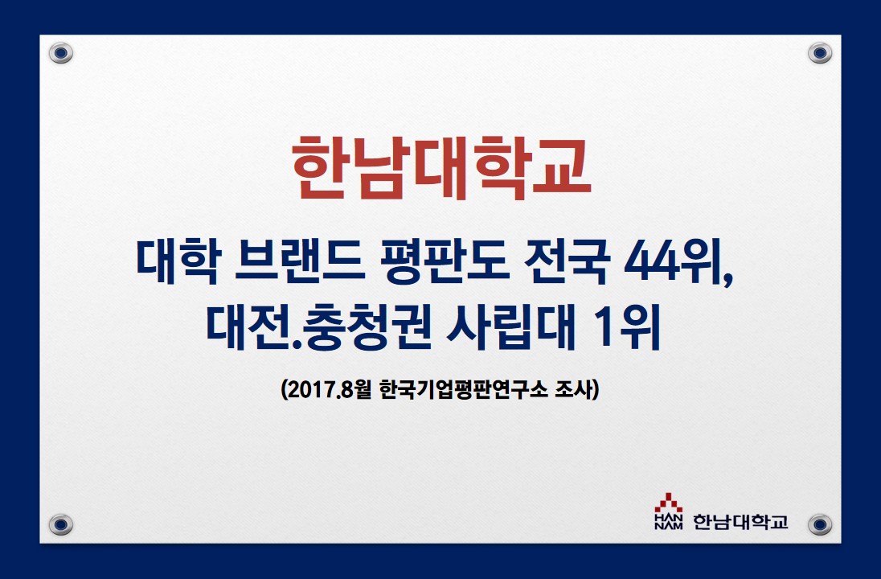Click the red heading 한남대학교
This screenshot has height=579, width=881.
pyautogui.click(x=441, y=167)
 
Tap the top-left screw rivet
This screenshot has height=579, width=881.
pyautogui.click(x=60, y=53)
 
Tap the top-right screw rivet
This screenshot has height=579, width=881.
pyautogui.click(x=820, y=53)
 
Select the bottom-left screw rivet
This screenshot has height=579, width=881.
pyautogui.click(x=60, y=524)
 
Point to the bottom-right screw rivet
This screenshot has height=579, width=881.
pyautogui.click(x=820, y=524)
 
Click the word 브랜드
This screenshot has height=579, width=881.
pyautogui.click(x=300, y=261)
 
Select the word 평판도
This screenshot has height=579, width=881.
pyautogui.click(x=445, y=261)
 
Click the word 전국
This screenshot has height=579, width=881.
pyautogui.click(x=566, y=261)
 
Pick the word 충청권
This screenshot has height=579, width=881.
pyautogui.click(x=367, y=328)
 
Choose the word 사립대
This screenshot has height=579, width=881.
pyautogui.click(x=511, y=328)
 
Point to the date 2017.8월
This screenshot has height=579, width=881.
pyautogui.click(x=326, y=389)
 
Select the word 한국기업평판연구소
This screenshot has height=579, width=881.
pyautogui.click(x=464, y=389)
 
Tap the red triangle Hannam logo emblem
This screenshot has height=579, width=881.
pyautogui.click(x=669, y=503)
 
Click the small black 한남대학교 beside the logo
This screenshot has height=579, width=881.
pyautogui.click(x=740, y=522)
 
